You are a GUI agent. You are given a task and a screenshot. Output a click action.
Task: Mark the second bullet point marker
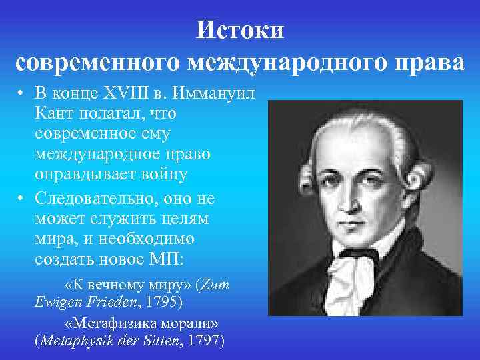pyautogui.click(x=21, y=199)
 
